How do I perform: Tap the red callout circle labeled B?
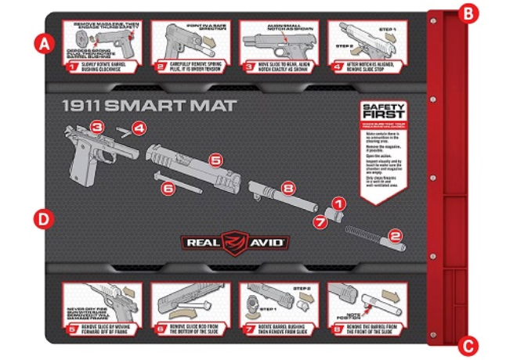[x=468, y=13]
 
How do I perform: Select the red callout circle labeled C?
[x=468, y=344]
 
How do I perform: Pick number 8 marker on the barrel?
[x=287, y=188]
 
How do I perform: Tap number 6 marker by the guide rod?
[x=166, y=188]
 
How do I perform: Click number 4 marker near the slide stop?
[x=138, y=127]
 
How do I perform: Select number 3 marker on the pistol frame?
[x=96, y=127]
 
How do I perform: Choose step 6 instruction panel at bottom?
[x=186, y=310]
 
